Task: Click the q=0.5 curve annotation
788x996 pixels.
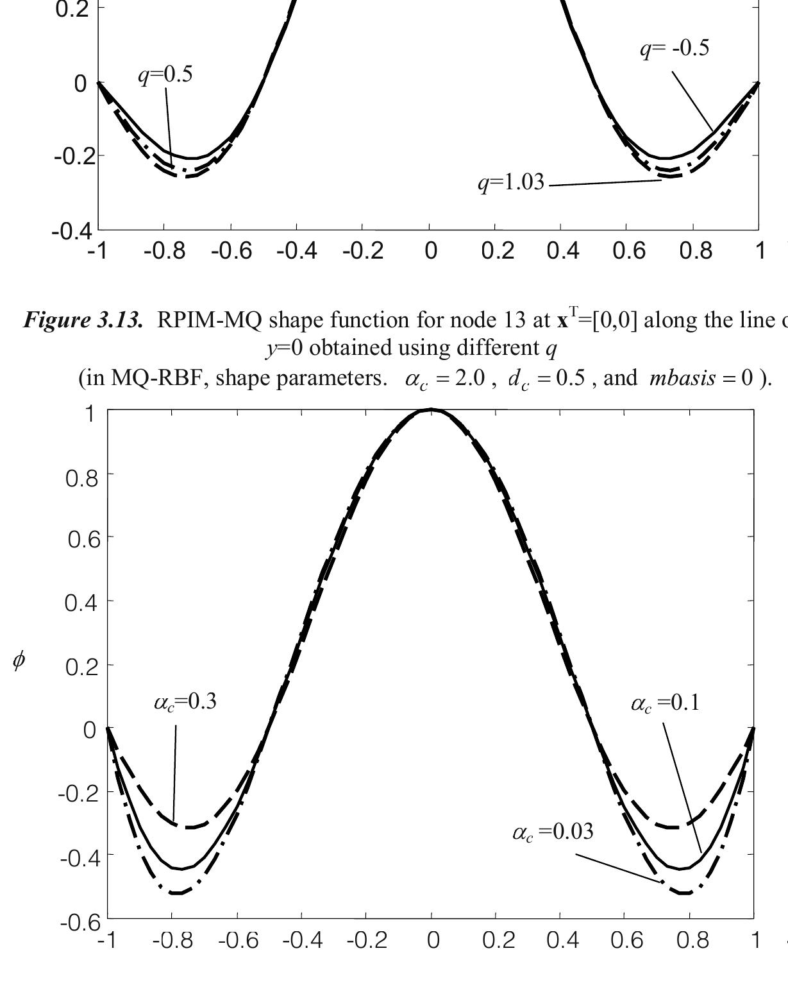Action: [x=165, y=75]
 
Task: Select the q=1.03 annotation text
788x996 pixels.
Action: [x=511, y=183]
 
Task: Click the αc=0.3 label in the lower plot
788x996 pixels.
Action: [x=185, y=702]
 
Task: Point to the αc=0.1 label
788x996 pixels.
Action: [x=665, y=704]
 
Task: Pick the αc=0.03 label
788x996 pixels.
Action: [x=553, y=832]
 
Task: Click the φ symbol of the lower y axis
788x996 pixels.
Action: [x=19, y=661]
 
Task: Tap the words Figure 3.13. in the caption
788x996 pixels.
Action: [x=83, y=320]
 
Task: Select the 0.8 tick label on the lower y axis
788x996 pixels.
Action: [x=81, y=478]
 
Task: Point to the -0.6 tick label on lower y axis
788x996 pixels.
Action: [x=80, y=923]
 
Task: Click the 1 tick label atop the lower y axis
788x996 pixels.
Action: [x=90, y=414]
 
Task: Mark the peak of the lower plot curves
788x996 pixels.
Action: [x=431, y=410]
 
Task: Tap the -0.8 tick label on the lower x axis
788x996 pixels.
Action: [x=173, y=941]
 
